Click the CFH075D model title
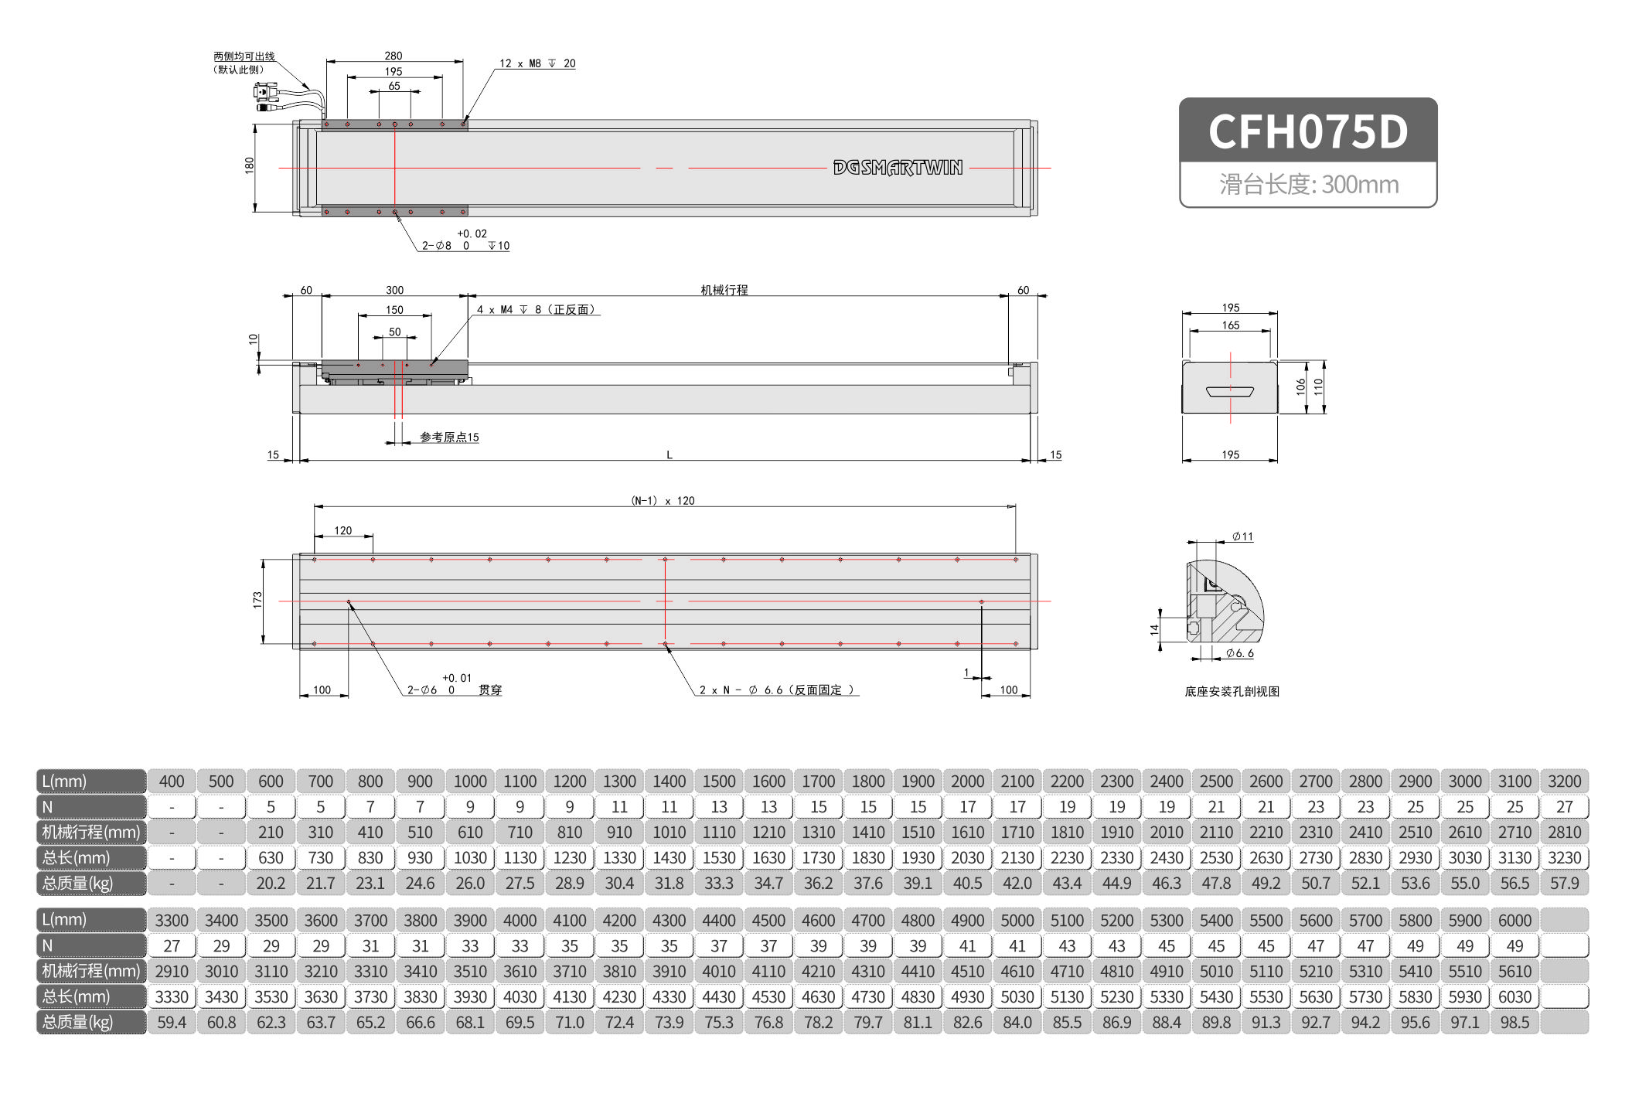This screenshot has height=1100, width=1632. (1307, 131)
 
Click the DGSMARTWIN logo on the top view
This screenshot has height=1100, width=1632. (898, 168)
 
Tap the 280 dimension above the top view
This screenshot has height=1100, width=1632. (394, 56)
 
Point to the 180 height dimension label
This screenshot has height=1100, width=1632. (249, 165)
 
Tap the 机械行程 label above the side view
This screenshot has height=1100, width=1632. (724, 290)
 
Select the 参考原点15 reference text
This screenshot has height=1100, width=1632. (449, 438)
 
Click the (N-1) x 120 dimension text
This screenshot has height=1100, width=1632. (663, 501)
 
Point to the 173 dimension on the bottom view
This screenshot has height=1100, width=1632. (257, 600)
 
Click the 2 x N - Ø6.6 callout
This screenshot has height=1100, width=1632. (776, 690)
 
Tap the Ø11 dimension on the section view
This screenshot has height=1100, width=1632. (1242, 536)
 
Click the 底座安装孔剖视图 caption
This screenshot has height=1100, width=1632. (1232, 692)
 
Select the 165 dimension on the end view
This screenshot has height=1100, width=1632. (1231, 325)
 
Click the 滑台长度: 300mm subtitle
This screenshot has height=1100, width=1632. (1308, 185)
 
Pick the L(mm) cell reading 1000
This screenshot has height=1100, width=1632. (470, 782)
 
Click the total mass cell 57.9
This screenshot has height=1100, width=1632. (1564, 884)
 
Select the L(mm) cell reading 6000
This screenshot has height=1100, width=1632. (1514, 921)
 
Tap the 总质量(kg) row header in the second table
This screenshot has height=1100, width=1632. (90, 1023)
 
